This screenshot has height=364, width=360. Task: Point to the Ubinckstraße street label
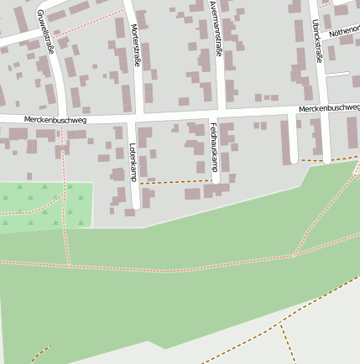[318, 40]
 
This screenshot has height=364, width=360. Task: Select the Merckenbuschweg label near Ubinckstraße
[328, 109]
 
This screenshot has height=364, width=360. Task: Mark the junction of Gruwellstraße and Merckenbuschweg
[64, 117]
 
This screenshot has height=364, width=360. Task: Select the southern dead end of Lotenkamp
[136, 206]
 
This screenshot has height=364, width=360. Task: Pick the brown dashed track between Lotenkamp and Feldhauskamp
[176, 182]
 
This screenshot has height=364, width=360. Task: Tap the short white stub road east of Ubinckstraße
[337, 74]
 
